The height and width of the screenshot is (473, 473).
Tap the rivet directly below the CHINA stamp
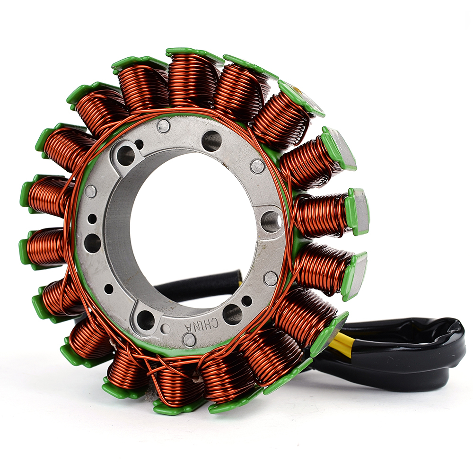pos(189,340)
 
